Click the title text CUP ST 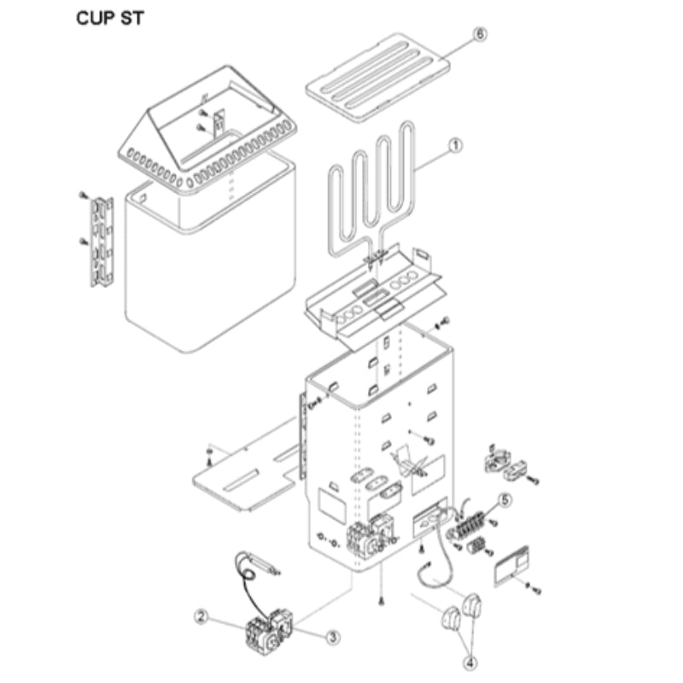pos(110,18)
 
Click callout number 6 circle pos(480,34)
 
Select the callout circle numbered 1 pos(455,145)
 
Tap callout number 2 pos(201,616)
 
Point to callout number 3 pos(333,637)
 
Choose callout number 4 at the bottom pos(470,663)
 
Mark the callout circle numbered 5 pos(505,500)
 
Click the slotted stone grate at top pos(378,78)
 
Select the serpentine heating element pos(371,191)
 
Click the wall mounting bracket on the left pos(102,242)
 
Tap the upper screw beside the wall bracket pos(83,196)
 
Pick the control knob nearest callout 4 pos(450,617)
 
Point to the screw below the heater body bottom pos(381,601)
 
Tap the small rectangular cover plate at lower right pos(511,566)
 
